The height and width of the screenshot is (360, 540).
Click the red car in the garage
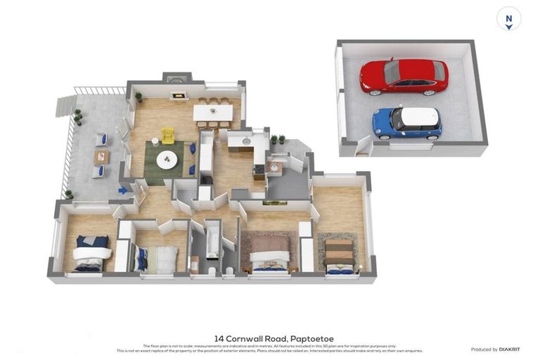click(x=404, y=76)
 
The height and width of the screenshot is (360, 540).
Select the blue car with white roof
click(x=406, y=122)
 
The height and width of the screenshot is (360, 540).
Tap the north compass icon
click(x=508, y=19)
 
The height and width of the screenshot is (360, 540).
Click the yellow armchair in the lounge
click(x=167, y=135)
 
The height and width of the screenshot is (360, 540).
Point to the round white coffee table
click(x=167, y=159)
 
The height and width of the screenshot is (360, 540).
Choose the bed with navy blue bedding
click(x=91, y=253)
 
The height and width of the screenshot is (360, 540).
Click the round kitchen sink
click(x=247, y=140)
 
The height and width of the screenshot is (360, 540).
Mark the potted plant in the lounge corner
click(x=139, y=96)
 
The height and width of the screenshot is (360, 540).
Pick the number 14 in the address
click(x=220, y=338)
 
